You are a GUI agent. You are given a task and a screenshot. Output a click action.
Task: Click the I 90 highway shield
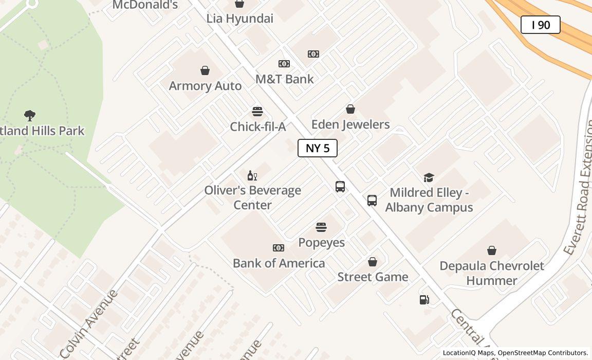(x=540, y=25)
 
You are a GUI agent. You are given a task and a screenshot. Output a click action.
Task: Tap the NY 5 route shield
(x=318, y=148)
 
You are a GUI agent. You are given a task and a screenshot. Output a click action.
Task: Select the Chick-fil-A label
(x=257, y=127)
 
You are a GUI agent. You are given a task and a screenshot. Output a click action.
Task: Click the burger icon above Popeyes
(x=321, y=227)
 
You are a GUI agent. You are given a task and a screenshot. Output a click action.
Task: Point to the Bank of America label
(x=279, y=263)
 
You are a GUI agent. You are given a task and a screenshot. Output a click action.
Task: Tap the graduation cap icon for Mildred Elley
(x=429, y=177)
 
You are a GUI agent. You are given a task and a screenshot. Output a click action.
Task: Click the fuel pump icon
(x=424, y=299)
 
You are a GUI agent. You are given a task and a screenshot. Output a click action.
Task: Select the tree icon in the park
(x=30, y=115)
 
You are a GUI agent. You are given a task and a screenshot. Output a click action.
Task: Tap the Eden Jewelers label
(x=350, y=124)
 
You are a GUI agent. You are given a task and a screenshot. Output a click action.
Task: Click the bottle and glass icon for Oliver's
(x=252, y=176)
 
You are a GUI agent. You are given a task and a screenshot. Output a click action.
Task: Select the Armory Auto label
(x=205, y=86)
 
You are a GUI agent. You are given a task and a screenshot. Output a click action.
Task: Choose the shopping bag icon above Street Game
(x=373, y=262)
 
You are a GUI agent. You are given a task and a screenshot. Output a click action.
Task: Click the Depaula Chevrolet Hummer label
(x=492, y=273)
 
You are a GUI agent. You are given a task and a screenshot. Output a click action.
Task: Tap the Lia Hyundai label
(x=239, y=19)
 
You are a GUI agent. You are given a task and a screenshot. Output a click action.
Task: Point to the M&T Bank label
(x=284, y=79)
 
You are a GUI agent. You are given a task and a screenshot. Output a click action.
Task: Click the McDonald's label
(x=145, y=5)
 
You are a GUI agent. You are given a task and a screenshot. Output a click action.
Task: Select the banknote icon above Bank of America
(x=279, y=248)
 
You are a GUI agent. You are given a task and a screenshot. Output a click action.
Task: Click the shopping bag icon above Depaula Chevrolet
(x=492, y=250)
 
